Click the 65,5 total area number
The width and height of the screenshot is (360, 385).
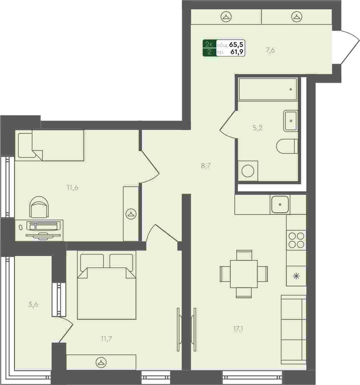click(x=236, y=45)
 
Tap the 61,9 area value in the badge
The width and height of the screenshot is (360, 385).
click(x=237, y=52)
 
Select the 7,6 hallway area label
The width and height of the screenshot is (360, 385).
click(x=270, y=50)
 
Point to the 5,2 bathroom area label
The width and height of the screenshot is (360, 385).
click(x=258, y=128)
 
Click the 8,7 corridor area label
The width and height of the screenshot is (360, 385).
click(x=206, y=166)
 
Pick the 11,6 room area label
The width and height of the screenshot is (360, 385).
click(x=73, y=188)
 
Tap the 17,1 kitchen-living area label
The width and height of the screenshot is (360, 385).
click(x=238, y=329)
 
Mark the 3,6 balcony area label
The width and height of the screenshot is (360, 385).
click(x=33, y=305)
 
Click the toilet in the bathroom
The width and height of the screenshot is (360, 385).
click(x=287, y=146)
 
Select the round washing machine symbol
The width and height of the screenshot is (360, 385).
click(x=248, y=171)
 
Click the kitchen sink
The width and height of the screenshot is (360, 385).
click(x=280, y=204)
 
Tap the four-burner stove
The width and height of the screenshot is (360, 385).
click(x=296, y=240)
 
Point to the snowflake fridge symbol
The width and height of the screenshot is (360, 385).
click(x=296, y=276)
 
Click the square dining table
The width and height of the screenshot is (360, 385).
click(x=244, y=274)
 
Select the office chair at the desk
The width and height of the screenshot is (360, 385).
click(x=39, y=207)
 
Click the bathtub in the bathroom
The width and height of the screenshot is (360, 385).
click(x=268, y=89)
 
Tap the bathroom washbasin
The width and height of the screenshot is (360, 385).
click(x=290, y=121)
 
